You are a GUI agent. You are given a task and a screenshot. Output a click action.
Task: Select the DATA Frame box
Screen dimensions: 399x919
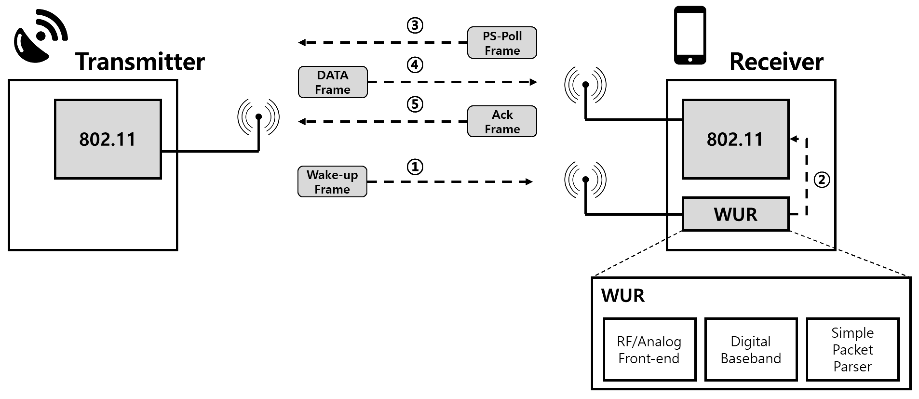tap(333, 82)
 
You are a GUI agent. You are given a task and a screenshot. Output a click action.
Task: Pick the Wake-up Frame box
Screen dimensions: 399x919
tap(332, 182)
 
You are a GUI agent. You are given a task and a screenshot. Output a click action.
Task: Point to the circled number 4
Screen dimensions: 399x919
tap(415, 65)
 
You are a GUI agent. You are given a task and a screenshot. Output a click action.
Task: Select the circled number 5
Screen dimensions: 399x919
tap(415, 105)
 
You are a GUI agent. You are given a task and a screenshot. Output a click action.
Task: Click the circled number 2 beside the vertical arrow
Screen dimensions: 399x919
tap(822, 180)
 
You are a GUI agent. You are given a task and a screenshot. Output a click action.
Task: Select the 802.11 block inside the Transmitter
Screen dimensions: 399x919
tap(108, 139)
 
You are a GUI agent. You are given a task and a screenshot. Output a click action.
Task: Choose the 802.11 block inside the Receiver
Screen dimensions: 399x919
tap(735, 139)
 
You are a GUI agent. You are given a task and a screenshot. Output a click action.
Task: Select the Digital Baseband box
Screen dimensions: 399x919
tap(751, 349)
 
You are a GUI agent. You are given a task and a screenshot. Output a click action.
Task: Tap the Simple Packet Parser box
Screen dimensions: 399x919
tap(852, 349)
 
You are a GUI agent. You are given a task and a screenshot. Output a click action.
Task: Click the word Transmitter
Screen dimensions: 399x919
tap(140, 62)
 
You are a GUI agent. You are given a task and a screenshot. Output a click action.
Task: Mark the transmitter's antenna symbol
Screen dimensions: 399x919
tap(259, 118)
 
